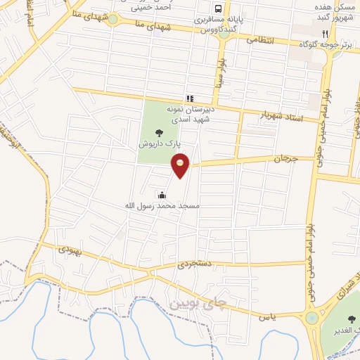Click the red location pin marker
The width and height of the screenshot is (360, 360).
181,165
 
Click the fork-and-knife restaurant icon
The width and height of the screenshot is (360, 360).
325,33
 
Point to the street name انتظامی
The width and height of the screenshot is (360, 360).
263,41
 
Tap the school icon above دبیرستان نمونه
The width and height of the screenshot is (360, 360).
189,98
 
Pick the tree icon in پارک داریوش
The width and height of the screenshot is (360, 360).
161,131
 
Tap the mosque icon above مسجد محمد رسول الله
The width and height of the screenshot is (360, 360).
163,195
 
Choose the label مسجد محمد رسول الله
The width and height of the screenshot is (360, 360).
162,206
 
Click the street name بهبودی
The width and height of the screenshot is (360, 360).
71,250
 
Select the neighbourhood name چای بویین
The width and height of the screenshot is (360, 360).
199,304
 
